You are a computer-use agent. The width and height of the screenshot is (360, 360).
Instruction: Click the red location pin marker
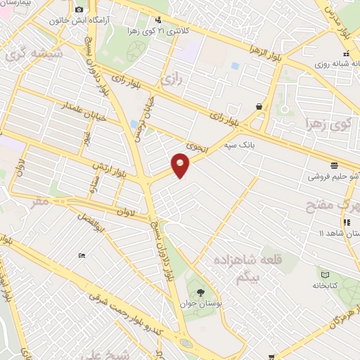[181, 166]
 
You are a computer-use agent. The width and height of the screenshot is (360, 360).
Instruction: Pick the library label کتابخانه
[324, 287]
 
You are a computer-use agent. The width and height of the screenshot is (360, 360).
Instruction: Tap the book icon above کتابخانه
[324, 275]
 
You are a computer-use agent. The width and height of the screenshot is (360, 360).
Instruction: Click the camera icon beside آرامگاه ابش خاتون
[79, 9]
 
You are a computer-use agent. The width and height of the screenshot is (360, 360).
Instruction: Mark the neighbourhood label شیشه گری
[34, 54]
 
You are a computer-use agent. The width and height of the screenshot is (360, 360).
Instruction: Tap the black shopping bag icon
[259, 106]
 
